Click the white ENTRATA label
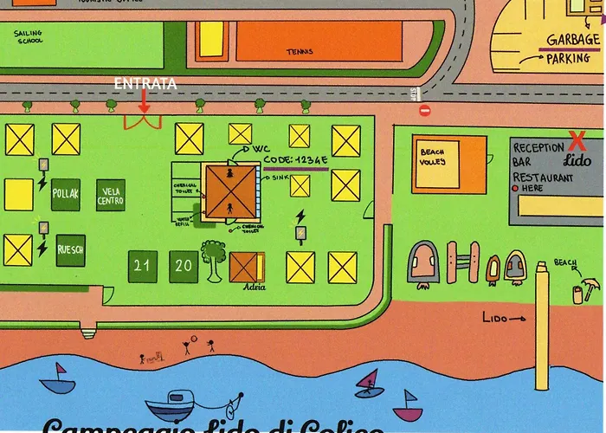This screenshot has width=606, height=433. pyautogui.click(x=146, y=84)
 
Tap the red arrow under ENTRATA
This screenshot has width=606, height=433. pyautogui.click(x=144, y=101)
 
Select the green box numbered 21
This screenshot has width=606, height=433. pyautogui.click(x=142, y=266)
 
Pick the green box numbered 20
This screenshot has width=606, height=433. pyautogui.click(x=184, y=266)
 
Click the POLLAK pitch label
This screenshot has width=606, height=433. pyautogui.click(x=66, y=194)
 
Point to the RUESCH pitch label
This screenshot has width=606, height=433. pyautogui.click(x=70, y=249)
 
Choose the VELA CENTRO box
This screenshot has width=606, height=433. pyautogui.click(x=111, y=196)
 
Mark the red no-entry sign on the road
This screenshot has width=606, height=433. pyautogui.click(x=424, y=110)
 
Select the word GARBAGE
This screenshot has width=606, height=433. pyautogui.click(x=573, y=40)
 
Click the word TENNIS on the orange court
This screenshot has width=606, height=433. pyautogui.click(x=300, y=52)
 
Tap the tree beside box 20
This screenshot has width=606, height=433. pyautogui.click(x=212, y=257)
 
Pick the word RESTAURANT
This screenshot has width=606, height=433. pyautogui.click(x=543, y=178)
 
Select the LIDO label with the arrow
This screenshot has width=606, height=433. pyautogui.click(x=503, y=319)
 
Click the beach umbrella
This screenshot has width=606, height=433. pyautogui.click(x=590, y=284)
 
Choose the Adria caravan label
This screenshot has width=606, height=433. pyautogui.click(x=255, y=286)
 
